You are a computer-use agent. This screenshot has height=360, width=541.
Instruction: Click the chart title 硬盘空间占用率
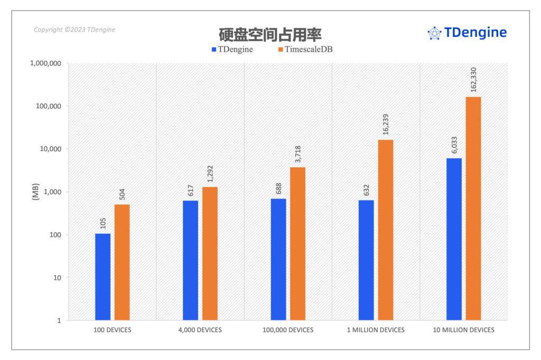tap(270, 34)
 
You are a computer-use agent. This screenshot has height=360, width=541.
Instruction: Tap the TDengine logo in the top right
tap(467, 33)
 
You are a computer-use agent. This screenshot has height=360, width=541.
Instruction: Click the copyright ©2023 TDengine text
tap(74, 30)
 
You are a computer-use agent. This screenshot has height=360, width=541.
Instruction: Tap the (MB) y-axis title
tap(35, 192)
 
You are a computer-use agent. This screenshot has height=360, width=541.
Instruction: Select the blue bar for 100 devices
tap(102, 277)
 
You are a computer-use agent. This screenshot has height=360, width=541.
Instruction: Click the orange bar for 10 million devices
tap(473, 209)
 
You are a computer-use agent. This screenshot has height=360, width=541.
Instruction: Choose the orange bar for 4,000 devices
tap(210, 253)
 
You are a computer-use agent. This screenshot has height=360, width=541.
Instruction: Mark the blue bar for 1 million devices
tap(366, 260)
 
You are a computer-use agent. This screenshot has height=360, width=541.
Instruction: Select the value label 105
tap(102, 222)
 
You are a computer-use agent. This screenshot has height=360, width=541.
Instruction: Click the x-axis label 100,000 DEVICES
tap(288, 330)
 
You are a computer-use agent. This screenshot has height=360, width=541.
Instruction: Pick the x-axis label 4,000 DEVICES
tap(200, 330)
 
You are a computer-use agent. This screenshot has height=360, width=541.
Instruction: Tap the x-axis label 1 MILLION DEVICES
tap(376, 330)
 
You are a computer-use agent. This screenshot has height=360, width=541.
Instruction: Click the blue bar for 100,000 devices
tap(278, 259)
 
